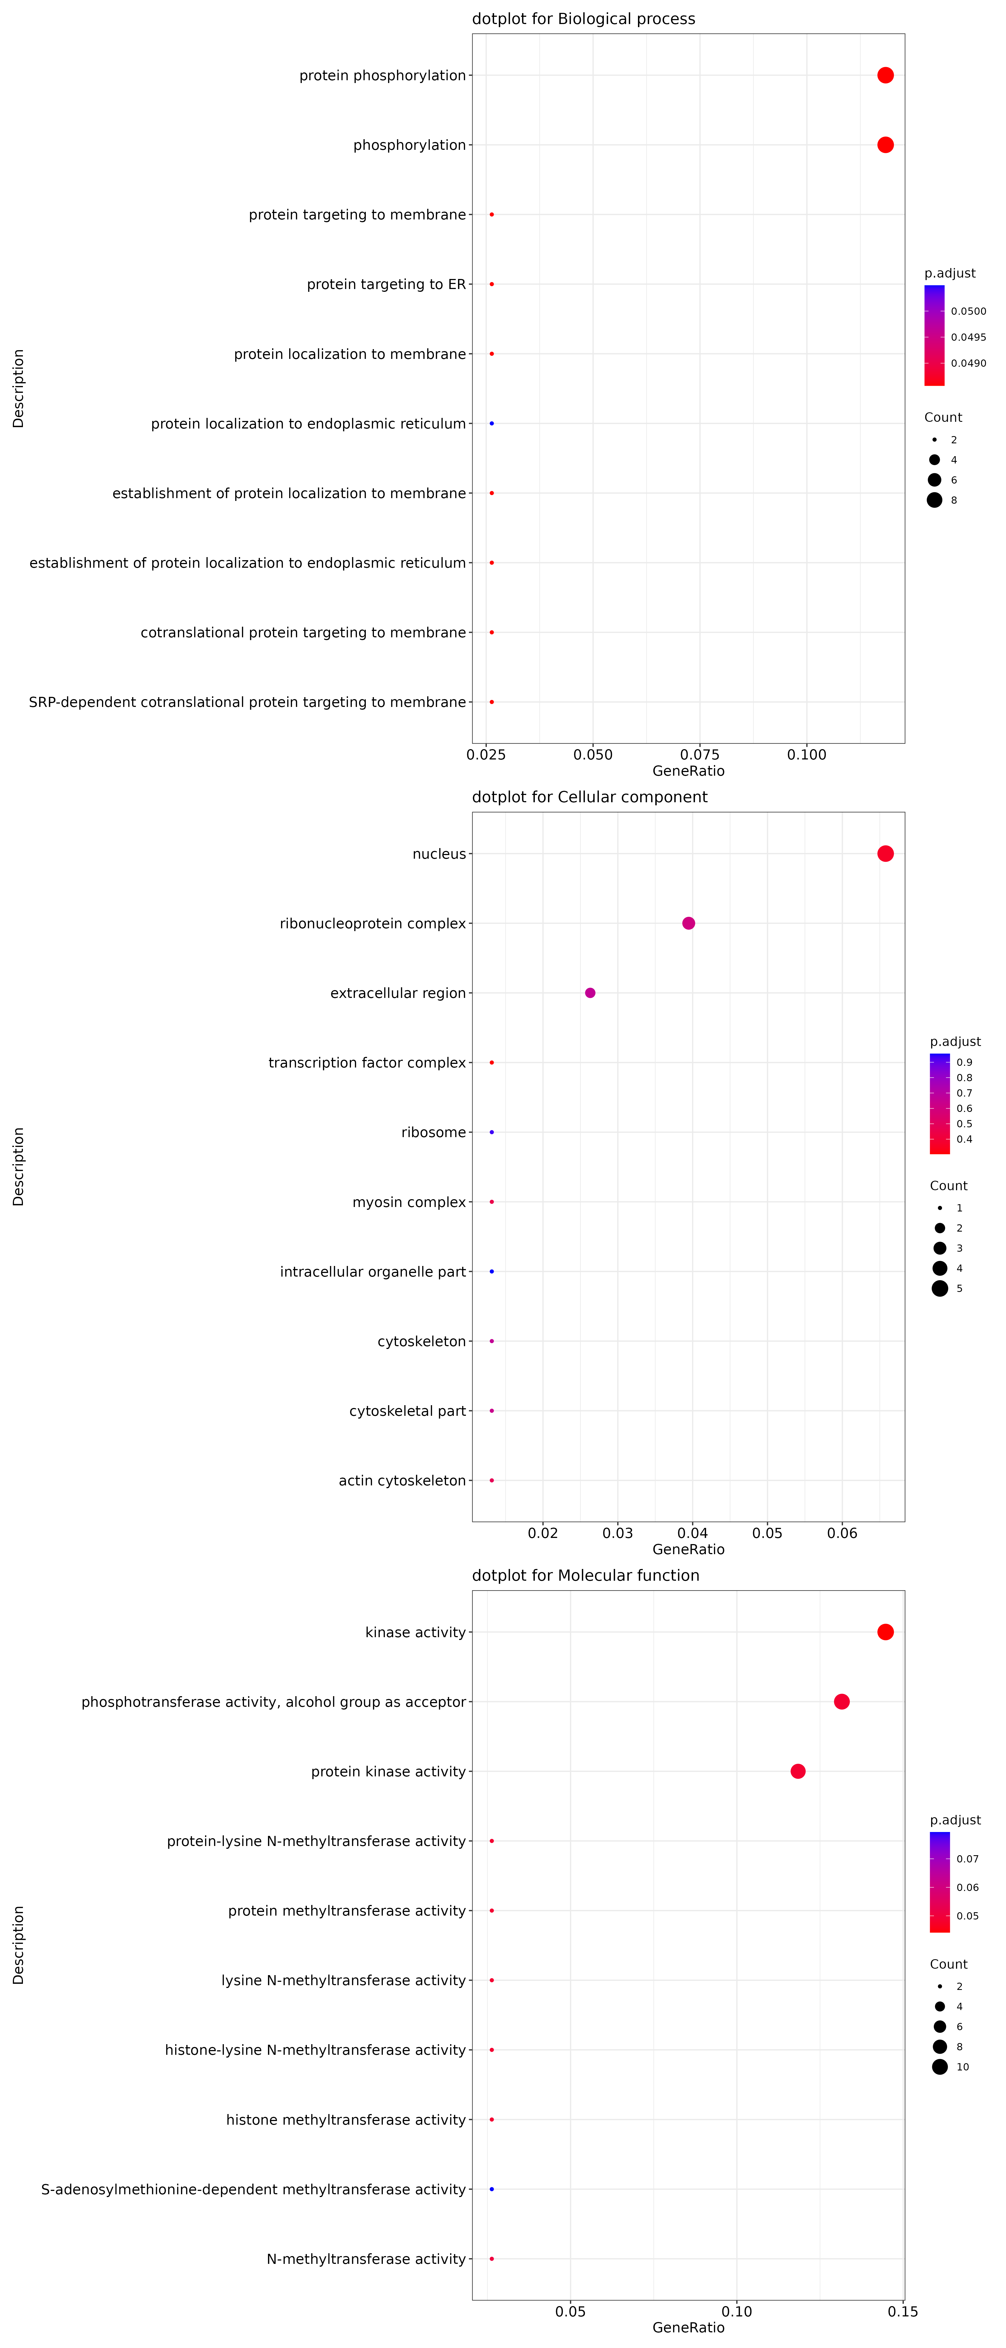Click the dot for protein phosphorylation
885,76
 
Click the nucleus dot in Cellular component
885,854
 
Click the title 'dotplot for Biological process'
583,19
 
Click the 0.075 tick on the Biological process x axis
700,755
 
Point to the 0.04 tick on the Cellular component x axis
692,1533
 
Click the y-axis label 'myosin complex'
409,1202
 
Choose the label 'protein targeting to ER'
386,284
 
